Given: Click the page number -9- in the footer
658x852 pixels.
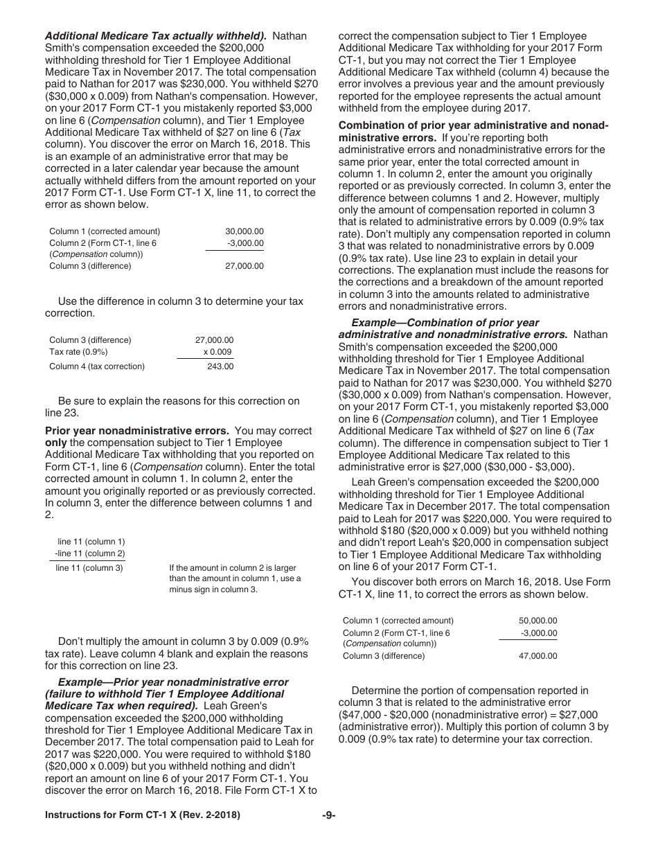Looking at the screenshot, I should click(329, 816).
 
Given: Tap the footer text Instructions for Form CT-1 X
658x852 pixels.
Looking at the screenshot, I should click(142, 816).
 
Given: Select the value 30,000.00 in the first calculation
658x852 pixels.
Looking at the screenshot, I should click(244, 231).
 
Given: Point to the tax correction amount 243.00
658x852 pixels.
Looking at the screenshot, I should click(220, 366).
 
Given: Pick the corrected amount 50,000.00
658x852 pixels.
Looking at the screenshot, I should click(537, 621).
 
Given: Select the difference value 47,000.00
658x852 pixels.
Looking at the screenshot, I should click(537, 656).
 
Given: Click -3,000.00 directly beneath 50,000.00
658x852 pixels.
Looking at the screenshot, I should click(538, 633).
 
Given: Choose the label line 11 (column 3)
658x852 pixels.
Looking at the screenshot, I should click(89, 569).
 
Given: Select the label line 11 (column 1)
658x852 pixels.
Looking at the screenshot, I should click(91, 541).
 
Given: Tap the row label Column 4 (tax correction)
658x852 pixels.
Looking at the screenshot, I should click(97, 366).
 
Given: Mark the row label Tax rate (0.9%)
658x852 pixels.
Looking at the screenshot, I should click(78, 352).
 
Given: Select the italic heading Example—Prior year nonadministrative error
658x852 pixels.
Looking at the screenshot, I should click(173, 682).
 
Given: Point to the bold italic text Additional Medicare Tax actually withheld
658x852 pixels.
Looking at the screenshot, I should click(155, 35).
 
